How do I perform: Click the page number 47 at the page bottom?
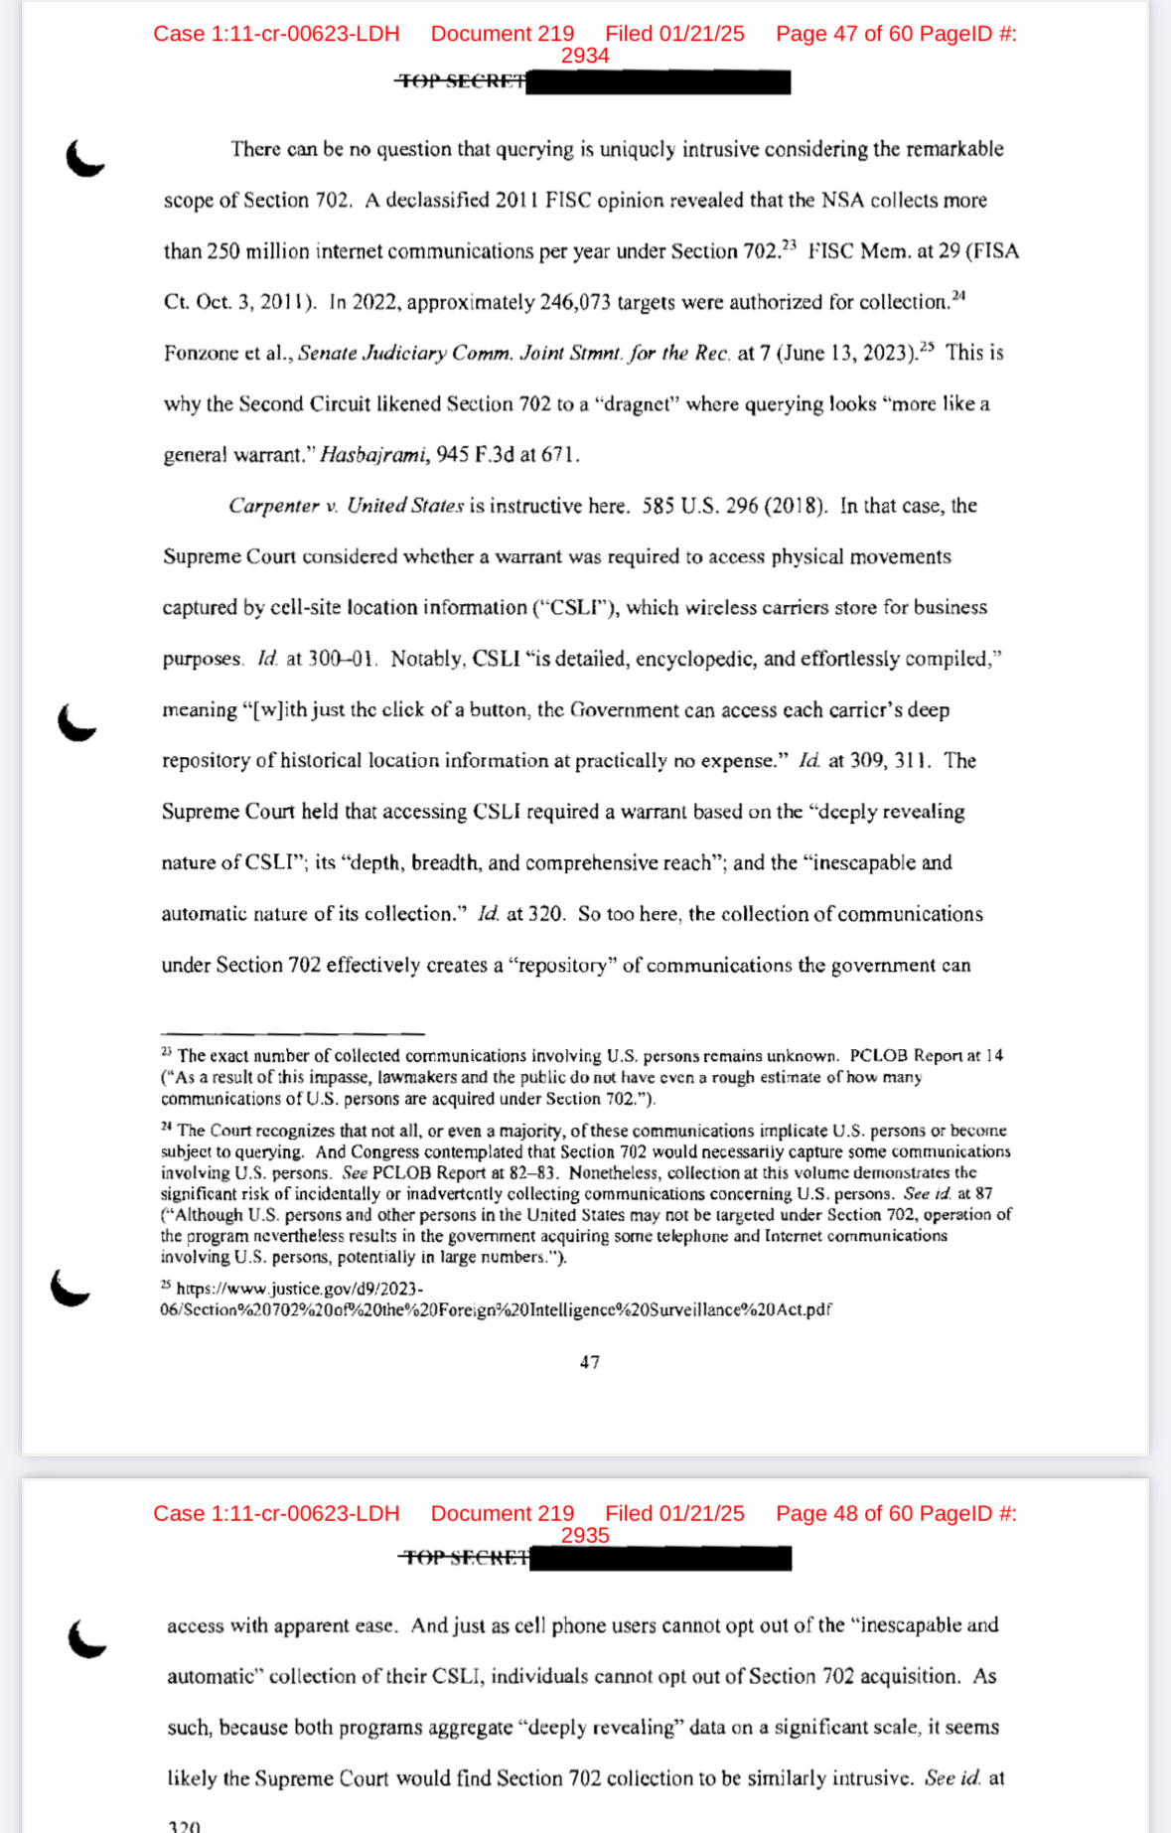pyautogui.click(x=590, y=1362)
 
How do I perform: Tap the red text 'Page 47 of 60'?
pyautogui.click(x=843, y=34)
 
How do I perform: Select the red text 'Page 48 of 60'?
pyautogui.click(x=843, y=1513)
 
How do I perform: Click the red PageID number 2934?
pyautogui.click(x=584, y=56)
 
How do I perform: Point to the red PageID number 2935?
pyautogui.click(x=584, y=1535)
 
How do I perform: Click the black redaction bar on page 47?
pyautogui.click(x=658, y=81)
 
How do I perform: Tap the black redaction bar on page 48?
pyautogui.click(x=660, y=1558)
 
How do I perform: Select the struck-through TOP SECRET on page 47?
pyautogui.click(x=461, y=81)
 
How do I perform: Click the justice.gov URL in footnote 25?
pyautogui.click(x=495, y=1299)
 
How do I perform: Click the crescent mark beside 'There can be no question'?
pyautogui.click(x=84, y=158)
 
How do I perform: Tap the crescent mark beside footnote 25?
pyautogui.click(x=70, y=1289)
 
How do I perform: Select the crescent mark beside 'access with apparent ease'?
pyautogui.click(x=86, y=1638)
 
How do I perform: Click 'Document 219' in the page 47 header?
pyautogui.click(x=502, y=34)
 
